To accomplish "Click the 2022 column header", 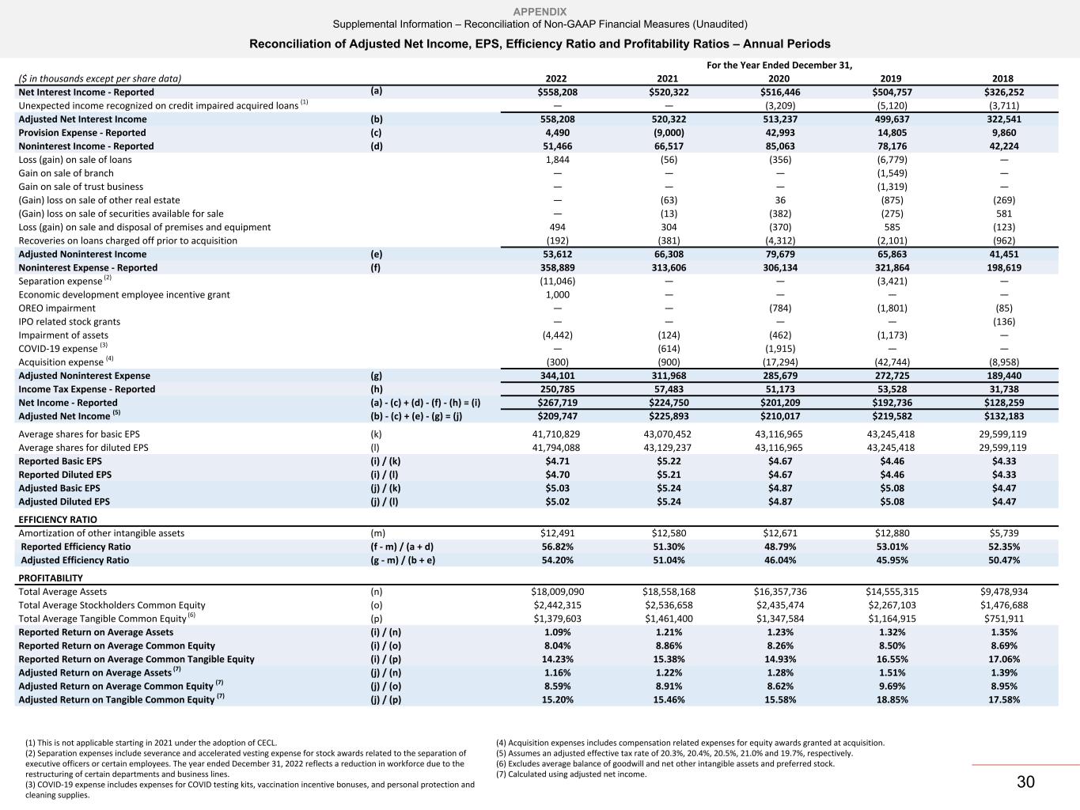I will pos(557,78).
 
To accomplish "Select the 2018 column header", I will pos(1002,78).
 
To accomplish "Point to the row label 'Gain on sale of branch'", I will pos(66,173).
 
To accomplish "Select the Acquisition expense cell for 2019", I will pos(891,362).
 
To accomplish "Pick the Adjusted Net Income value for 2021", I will pos(668,416).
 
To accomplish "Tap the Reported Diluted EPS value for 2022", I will pos(557,475).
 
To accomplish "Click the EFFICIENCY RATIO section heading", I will pos(58,520).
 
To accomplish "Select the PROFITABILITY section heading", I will pos(51,578).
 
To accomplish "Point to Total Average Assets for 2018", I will pos(1002,592).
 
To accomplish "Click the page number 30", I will pos(1025,782).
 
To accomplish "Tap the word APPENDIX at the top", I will pos(540,11).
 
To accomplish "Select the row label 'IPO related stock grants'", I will pos(70,322).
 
